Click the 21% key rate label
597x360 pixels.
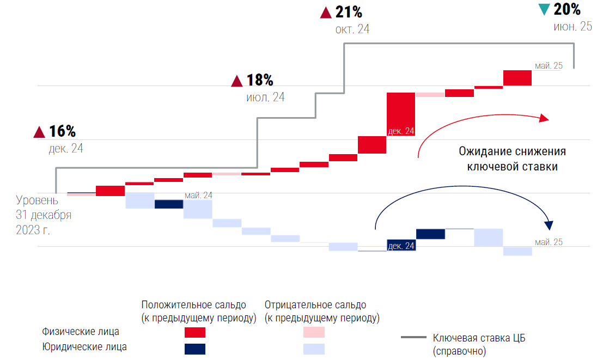349,11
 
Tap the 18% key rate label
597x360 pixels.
260,81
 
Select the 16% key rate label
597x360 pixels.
62,131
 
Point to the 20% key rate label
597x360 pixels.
567,9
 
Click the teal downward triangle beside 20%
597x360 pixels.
544,10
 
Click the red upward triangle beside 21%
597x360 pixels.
326,12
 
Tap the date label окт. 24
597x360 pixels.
352,29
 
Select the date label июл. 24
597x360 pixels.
265,97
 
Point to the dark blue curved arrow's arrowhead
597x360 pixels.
549,225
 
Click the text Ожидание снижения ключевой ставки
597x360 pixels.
512,159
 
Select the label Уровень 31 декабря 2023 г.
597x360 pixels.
44,215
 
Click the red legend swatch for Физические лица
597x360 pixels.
195,333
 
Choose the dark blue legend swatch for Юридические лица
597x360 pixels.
195,349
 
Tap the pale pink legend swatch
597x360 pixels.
313,332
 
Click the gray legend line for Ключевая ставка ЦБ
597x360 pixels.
413,338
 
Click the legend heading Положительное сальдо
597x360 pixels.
193,304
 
